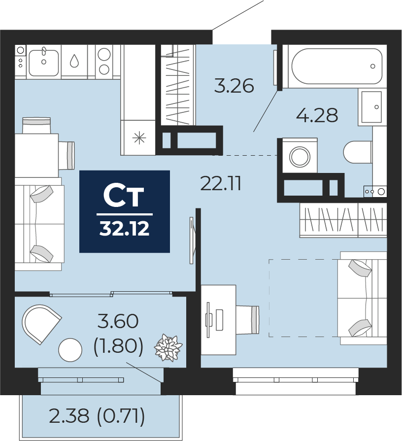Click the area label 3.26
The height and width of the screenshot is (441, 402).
pos(234,86)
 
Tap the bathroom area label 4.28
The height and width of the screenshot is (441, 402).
pos(317,115)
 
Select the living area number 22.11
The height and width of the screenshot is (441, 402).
pos(221,184)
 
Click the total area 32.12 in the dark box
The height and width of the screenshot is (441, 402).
pos(124,229)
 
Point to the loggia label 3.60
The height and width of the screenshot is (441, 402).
pos(118,321)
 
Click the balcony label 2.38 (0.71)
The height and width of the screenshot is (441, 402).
pos(97,416)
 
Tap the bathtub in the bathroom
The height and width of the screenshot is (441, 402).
pos(337,66)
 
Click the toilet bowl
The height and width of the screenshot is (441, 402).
pos(358,152)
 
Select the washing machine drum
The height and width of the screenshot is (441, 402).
pos(300,156)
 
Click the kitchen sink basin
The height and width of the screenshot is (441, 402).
pos(43,63)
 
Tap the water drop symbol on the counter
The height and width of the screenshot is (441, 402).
pos(74,61)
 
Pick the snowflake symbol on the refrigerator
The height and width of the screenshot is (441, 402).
pos(139,138)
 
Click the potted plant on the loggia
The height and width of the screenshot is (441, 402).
pos(168,347)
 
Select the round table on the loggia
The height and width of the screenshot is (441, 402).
pos(70,350)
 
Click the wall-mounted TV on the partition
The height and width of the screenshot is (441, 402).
pos(192,240)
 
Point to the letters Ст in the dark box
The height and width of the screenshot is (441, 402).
pos(124,196)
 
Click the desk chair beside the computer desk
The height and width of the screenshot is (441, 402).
pos(247,320)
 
